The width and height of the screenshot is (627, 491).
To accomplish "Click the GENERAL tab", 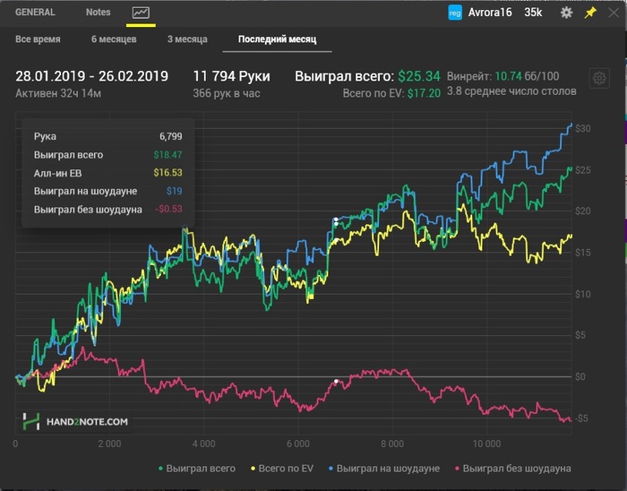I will point(35,13).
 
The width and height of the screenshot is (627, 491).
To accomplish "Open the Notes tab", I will point(99,13).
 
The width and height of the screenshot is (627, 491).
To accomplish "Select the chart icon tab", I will point(141,13).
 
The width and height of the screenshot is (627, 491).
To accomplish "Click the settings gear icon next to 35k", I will point(566,13).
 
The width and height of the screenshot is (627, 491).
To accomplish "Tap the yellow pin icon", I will point(589,13).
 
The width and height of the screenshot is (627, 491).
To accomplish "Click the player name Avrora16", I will point(489,13).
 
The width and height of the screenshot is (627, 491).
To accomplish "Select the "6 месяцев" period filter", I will point(114,39).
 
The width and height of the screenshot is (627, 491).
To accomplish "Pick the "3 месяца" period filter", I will point(187,39).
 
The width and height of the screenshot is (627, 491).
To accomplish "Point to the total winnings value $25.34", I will point(419,76).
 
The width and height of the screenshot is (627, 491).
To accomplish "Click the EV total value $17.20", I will point(424,93).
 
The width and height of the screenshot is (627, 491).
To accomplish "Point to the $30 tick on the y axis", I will point(582,128).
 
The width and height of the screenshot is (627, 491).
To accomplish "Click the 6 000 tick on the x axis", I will point(297,444).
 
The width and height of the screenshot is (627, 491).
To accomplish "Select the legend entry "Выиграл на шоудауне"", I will point(391,468).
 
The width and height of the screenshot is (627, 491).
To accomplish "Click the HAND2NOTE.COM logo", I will point(76,420).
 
